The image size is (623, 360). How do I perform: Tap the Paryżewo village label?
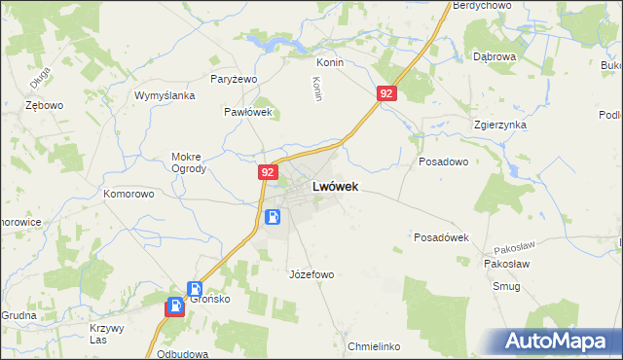(x=234, y=79)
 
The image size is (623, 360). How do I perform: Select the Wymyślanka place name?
(x=165, y=95)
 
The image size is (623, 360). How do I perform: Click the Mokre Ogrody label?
(x=188, y=162)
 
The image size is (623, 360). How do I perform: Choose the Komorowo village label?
(x=129, y=194)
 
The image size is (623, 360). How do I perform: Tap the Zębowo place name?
(x=45, y=104)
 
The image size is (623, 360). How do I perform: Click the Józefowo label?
(x=311, y=274)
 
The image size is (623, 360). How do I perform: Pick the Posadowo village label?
(x=443, y=162)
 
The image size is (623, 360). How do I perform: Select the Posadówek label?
(x=442, y=237)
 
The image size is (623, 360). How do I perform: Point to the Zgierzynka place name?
(x=499, y=126)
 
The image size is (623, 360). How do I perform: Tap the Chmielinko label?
(x=374, y=346)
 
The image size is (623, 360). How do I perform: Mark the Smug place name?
(x=506, y=287)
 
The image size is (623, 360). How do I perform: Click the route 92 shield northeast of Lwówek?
(x=387, y=93)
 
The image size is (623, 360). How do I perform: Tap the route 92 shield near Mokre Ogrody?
(x=268, y=171)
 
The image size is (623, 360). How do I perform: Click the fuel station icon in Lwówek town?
(x=273, y=217)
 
